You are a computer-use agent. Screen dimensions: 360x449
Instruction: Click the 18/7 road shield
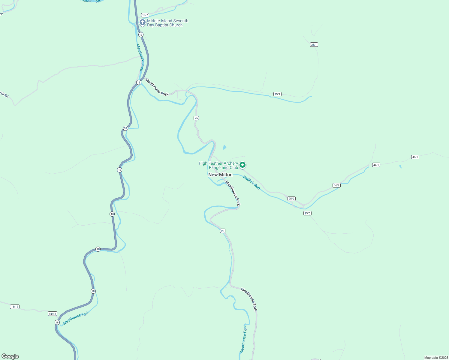click(145, 15)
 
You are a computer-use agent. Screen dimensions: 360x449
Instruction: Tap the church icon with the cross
click(143, 22)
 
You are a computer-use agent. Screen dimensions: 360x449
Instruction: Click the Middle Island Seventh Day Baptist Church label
click(167, 23)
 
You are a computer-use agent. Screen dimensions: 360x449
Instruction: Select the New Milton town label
click(220, 175)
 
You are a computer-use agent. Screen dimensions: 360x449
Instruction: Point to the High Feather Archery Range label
click(218, 165)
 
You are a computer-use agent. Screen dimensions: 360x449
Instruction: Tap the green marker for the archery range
click(243, 165)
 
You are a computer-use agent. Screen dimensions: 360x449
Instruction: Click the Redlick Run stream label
click(252, 182)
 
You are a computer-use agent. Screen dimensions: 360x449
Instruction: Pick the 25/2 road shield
click(291, 199)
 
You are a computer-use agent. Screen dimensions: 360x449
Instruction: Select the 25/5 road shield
click(307, 213)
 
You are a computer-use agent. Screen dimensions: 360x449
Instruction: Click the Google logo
click(10, 356)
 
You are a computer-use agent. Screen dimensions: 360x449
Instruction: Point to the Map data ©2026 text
click(436, 358)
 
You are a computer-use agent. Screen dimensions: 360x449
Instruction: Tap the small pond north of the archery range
click(224, 147)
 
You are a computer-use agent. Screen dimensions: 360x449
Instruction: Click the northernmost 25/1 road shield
click(314, 45)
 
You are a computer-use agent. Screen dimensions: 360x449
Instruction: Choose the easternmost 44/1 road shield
click(415, 157)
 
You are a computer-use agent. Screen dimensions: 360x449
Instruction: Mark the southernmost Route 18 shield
click(57, 322)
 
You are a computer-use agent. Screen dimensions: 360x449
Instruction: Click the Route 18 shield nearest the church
click(141, 35)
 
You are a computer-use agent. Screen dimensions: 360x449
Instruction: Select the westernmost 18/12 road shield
click(14, 307)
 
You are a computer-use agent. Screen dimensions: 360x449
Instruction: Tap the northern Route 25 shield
click(196, 118)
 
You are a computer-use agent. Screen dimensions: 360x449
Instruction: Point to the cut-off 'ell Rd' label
click(4, 94)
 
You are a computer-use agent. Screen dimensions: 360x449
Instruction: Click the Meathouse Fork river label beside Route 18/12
click(76, 318)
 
